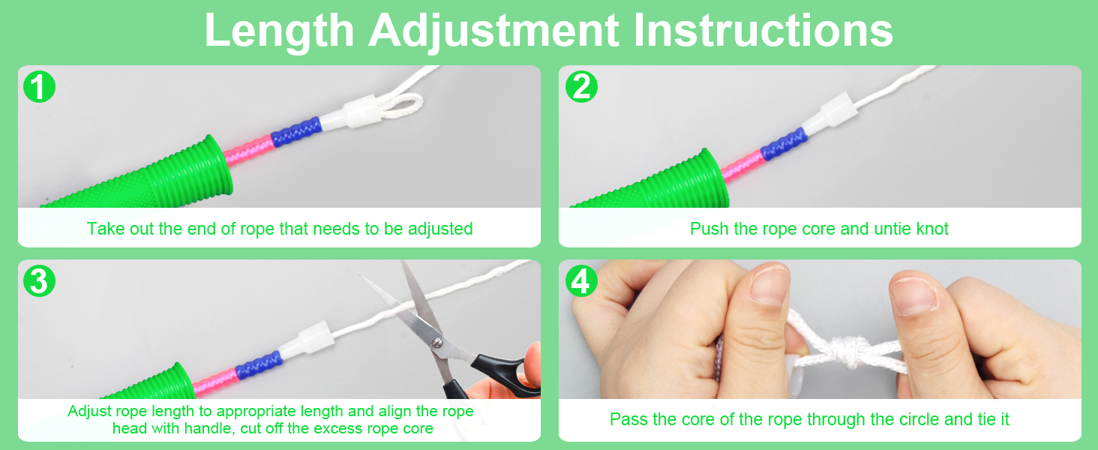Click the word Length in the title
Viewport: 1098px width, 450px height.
[x=279, y=31]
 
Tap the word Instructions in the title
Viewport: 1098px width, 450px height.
[x=763, y=31]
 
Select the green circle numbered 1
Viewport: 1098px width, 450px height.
[x=39, y=87]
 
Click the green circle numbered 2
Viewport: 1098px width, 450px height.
[x=581, y=87]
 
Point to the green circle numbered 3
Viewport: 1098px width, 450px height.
[x=39, y=281]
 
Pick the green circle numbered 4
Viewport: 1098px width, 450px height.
[x=581, y=281]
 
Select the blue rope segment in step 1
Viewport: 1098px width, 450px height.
[x=296, y=131]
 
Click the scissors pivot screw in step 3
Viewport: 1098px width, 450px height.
[x=436, y=343]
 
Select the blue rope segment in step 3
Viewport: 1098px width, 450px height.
[x=259, y=365]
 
